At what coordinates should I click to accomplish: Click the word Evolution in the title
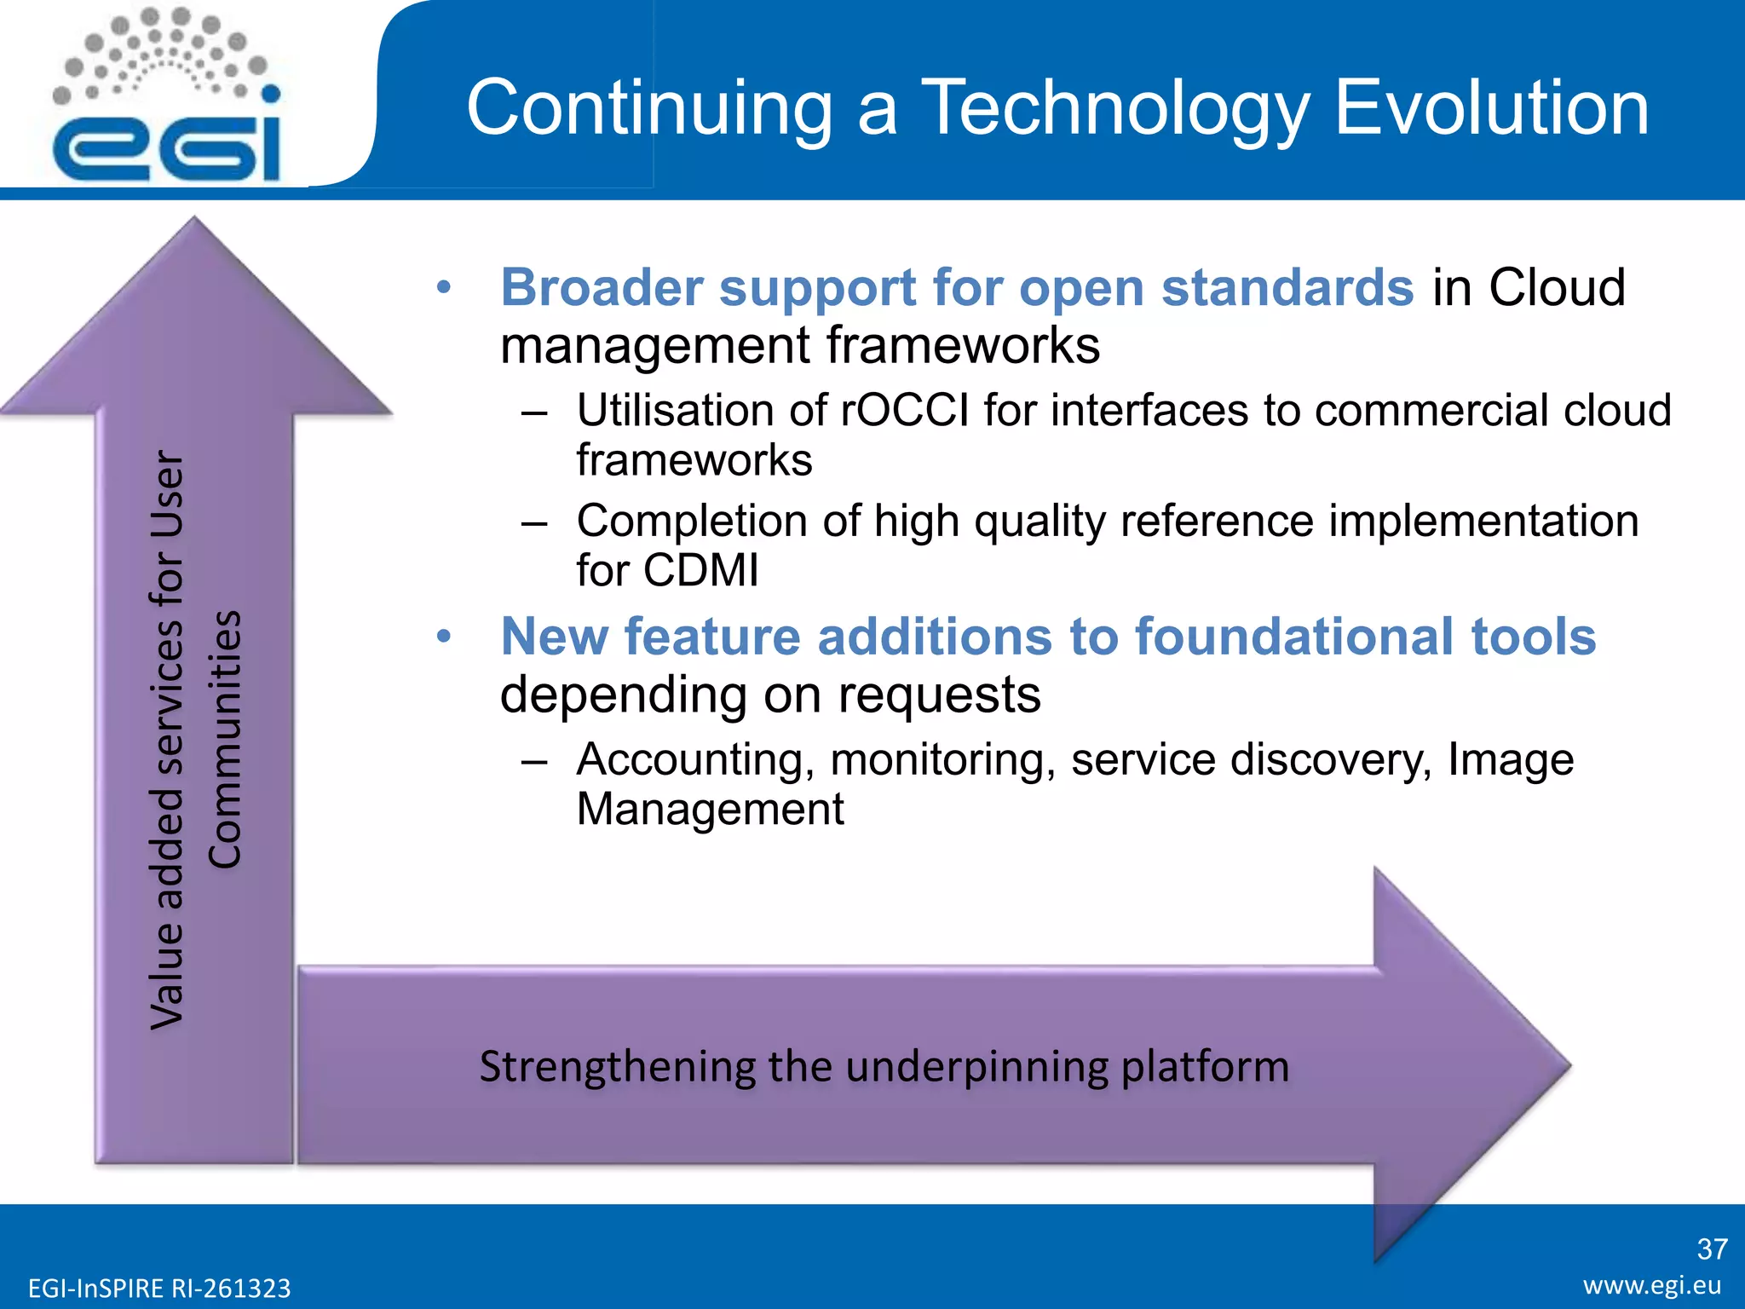(1491, 108)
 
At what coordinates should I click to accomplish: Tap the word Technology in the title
(1116, 108)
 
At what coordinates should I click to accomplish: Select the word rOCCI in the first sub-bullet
(905, 411)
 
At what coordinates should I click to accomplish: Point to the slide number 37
(1712, 1249)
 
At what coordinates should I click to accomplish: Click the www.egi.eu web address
(1651, 1285)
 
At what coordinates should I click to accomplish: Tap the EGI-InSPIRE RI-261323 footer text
(159, 1288)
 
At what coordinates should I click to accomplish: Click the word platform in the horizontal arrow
(1205, 1067)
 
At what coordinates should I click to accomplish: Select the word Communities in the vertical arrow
(226, 739)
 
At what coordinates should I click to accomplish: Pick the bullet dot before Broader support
(442, 288)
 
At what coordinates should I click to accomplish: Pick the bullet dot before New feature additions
(442, 637)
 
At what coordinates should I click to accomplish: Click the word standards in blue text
(1287, 287)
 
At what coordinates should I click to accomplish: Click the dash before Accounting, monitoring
(534, 760)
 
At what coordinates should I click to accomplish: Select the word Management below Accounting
(710, 809)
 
